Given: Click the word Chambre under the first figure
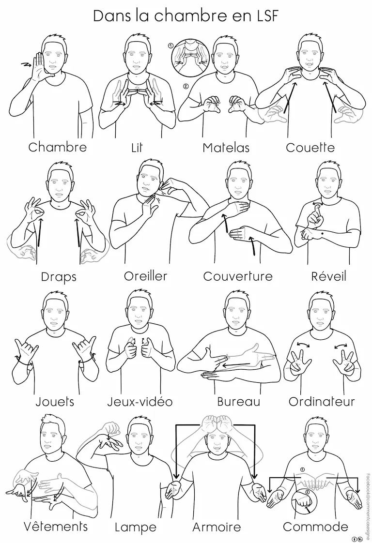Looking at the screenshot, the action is (x=57, y=147).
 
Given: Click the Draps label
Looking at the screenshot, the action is (x=59, y=277).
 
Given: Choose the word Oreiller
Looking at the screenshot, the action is (x=146, y=276).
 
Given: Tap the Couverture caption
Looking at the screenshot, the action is (x=238, y=276).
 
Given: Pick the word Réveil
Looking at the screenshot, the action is (x=329, y=276).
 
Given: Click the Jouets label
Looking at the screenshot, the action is (x=55, y=402).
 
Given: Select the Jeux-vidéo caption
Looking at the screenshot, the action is (x=139, y=402).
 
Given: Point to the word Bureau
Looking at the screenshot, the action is (x=238, y=402).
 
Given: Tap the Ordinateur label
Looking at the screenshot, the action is (x=322, y=402).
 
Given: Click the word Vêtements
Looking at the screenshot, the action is (x=56, y=526).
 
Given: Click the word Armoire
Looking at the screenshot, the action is (x=217, y=527).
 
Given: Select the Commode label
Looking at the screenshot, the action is (x=315, y=527).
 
